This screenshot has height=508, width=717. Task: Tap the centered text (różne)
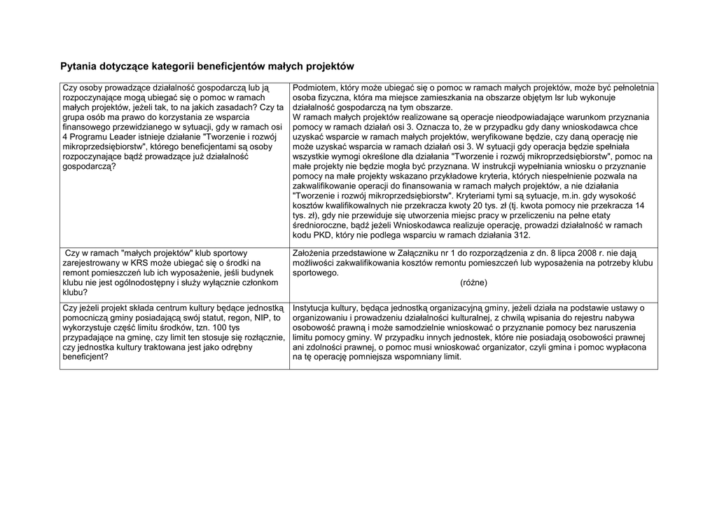474,282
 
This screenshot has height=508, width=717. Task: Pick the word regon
237,317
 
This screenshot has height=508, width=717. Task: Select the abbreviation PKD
318,235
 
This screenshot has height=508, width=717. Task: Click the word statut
209,317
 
